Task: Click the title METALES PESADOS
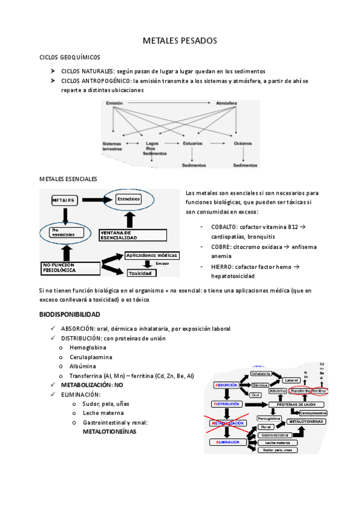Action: click(180, 41)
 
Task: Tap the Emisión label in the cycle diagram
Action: click(114, 103)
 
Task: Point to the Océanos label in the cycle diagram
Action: click(243, 144)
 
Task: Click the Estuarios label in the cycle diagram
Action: click(192, 144)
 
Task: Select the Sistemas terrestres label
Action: click(112, 146)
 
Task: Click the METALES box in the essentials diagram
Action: click(64, 199)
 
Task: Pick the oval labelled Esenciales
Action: click(129, 198)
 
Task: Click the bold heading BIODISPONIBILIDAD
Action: click(70, 315)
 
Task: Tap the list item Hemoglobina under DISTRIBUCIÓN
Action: click(88, 348)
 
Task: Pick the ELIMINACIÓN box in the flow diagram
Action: click(225, 442)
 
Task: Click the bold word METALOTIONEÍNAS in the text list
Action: click(109, 432)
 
